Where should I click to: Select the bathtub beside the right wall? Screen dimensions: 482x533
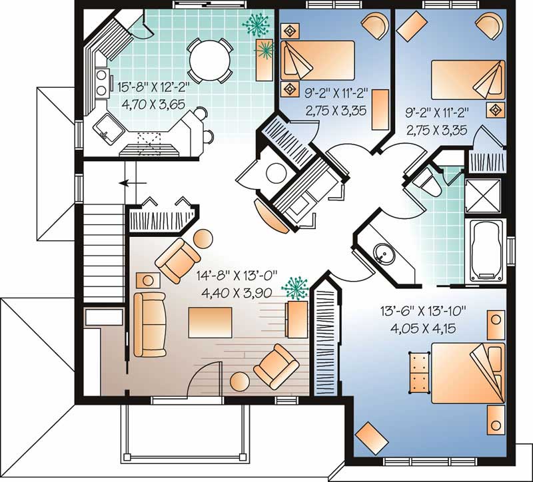coord(486,250)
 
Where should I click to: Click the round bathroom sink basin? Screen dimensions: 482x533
coord(383,254)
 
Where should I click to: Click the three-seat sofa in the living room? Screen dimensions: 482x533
coord(148,322)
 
